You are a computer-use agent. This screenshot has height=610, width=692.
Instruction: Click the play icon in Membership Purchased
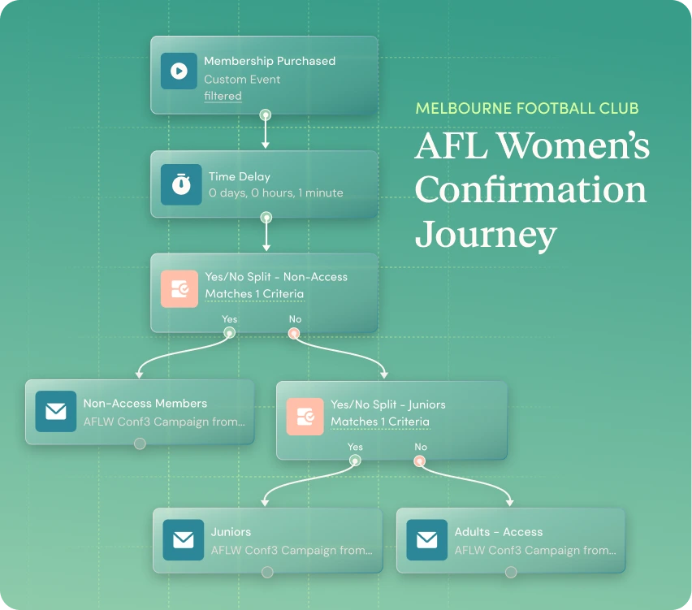pos(179,71)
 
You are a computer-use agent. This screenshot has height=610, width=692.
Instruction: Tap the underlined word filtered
pos(223,96)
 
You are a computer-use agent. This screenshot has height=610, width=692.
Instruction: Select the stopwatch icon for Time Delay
pos(181,184)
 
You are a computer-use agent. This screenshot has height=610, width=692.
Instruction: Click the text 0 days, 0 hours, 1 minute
pos(276,193)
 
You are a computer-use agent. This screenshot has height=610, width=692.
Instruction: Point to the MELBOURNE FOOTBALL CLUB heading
pos(527,108)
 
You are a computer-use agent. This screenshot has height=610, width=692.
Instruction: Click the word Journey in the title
pos(486,235)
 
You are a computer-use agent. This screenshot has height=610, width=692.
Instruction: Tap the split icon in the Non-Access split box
pos(179,288)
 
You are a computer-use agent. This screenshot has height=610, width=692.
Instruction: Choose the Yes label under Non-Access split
pos(230,318)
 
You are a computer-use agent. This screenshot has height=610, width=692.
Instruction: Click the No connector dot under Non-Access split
pos(294,333)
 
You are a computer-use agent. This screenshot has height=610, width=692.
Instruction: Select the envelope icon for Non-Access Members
pos(56,411)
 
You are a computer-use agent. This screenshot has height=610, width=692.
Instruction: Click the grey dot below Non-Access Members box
pos(140,443)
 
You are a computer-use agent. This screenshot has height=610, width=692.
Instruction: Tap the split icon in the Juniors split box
pos(305,417)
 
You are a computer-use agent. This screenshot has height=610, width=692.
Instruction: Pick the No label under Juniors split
pos(421,447)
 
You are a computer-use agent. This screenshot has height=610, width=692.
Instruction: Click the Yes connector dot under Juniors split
pos(355,461)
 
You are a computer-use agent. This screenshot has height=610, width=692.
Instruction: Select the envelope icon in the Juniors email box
pos(183,540)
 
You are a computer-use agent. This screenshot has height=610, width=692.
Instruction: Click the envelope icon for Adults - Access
pos(426,540)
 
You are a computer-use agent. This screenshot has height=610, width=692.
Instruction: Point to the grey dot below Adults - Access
pos(511,573)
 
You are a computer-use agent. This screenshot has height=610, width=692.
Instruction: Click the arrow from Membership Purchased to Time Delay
pos(266,132)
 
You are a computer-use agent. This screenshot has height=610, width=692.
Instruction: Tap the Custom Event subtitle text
pos(242,80)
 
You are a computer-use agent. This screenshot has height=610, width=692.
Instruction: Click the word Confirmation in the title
pos(530,189)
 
